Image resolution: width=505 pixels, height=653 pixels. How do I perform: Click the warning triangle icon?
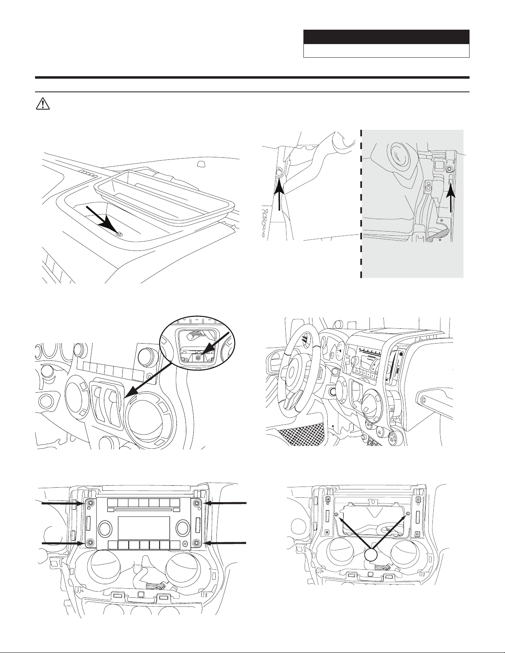coord(42,104)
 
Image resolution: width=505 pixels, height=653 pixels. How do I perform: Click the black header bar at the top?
coord(386,37)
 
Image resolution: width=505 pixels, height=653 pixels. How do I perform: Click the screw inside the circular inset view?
coord(198,358)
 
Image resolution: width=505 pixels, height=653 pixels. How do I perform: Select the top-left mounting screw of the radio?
coord(89,503)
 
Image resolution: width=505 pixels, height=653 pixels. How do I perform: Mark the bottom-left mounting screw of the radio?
coord(89,543)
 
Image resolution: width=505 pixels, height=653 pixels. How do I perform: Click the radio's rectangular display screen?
coord(143,528)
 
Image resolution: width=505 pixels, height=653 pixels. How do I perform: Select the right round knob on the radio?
coord(181,528)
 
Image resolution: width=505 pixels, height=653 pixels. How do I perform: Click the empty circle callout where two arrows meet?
coord(371,555)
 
